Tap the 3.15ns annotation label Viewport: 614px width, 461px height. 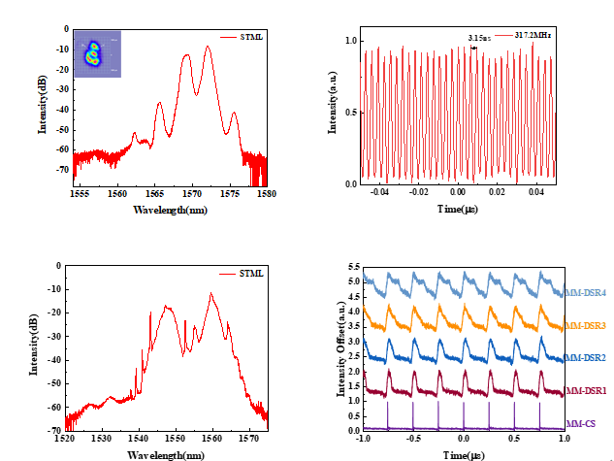[478, 38]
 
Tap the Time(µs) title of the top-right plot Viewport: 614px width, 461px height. [462, 209]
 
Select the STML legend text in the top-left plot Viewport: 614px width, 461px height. [250, 37]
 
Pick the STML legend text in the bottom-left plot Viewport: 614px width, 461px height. [249, 276]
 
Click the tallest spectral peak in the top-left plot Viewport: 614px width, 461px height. [208, 47]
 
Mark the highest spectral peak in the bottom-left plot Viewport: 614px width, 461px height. [211, 292]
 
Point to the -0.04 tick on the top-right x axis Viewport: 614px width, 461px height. [380, 193]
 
